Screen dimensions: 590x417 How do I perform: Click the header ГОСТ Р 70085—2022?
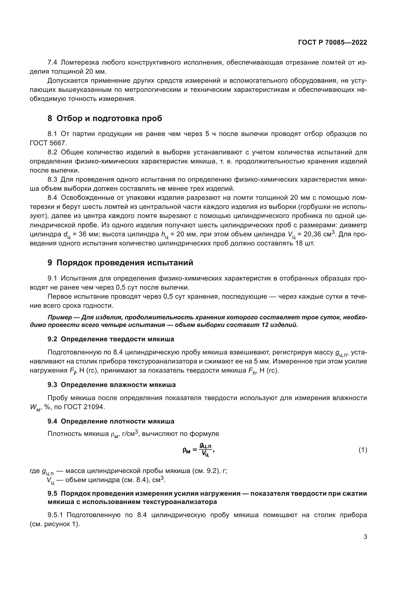pyautogui.click(x=333, y=42)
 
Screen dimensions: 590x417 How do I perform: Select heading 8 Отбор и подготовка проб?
pyautogui.click(x=105, y=119)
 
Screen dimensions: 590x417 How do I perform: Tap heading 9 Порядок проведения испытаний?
pyautogui.click(x=120, y=263)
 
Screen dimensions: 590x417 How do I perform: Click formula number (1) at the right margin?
pyautogui.click(x=363, y=450)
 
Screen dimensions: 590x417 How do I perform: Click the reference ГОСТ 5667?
pyautogui.click(x=48, y=143)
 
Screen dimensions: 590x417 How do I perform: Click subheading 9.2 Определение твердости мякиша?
pyautogui.click(x=111, y=339)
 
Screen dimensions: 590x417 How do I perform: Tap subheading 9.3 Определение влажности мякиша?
pyautogui.click(x=112, y=385)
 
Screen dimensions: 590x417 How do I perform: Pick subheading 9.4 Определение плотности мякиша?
pyautogui.click(x=111, y=422)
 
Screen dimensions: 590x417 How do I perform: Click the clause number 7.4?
pyautogui.click(x=52, y=63)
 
